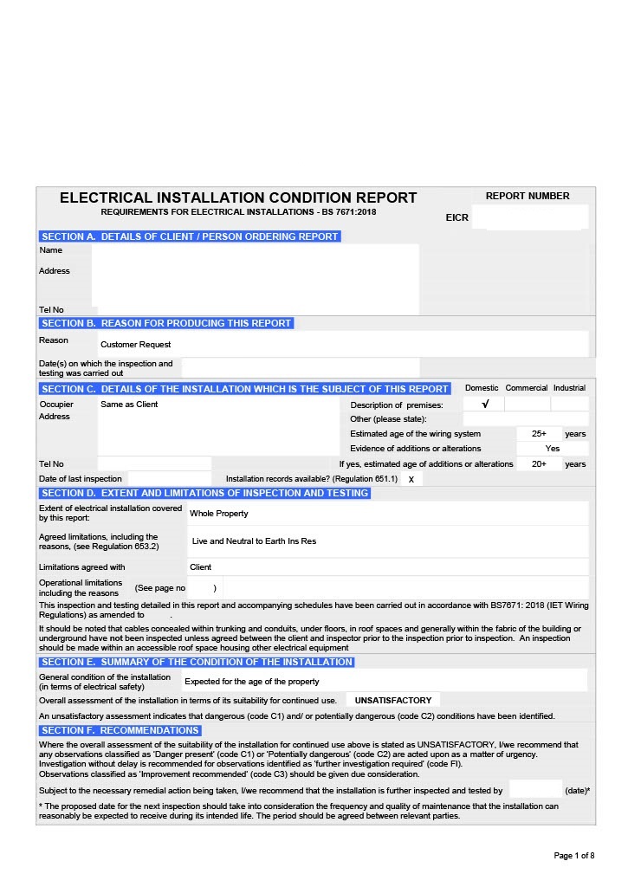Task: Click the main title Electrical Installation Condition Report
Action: (238, 197)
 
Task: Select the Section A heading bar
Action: (190, 236)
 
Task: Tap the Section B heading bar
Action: (166, 323)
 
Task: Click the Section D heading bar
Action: (205, 493)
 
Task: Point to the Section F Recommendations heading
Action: (120, 730)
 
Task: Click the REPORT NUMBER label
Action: (528, 196)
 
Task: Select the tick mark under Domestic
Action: (485, 404)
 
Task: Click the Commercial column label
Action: (527, 388)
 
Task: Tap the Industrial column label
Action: (569, 388)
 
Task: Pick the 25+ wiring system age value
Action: (539, 434)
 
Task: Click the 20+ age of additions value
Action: (539, 464)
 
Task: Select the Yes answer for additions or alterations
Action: (553, 449)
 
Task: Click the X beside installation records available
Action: (411, 479)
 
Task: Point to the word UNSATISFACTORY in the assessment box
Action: (393, 700)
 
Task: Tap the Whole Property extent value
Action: (219, 514)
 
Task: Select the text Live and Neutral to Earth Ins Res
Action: (254, 541)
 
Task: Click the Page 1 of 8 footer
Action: (574, 856)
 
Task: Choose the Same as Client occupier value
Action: (129, 405)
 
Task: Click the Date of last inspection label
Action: (81, 479)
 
